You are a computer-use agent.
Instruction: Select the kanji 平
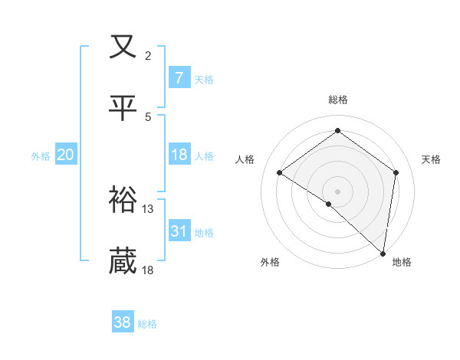[x=123, y=107]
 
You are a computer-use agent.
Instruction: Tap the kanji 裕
[x=123, y=201]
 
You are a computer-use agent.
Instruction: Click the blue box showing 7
[x=179, y=77]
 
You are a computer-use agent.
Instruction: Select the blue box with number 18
[x=179, y=155]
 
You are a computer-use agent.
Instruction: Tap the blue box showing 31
[x=179, y=231]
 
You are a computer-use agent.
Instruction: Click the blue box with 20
[x=65, y=155]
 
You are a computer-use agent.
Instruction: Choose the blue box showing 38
[x=122, y=322]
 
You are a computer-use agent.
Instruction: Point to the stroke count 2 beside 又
[x=148, y=55]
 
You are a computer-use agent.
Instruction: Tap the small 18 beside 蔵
[x=148, y=270]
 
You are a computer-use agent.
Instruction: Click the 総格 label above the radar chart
[x=338, y=100]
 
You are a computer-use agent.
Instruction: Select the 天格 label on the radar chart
[x=431, y=159]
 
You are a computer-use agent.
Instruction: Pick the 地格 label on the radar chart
[x=402, y=262]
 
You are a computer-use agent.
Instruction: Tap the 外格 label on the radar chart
[x=270, y=262]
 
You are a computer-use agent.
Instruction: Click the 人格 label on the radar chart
[x=245, y=159]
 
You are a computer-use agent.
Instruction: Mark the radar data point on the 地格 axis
[x=383, y=253]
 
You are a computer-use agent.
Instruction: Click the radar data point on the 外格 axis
[x=329, y=204]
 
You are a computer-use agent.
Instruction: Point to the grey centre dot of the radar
[x=337, y=191]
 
